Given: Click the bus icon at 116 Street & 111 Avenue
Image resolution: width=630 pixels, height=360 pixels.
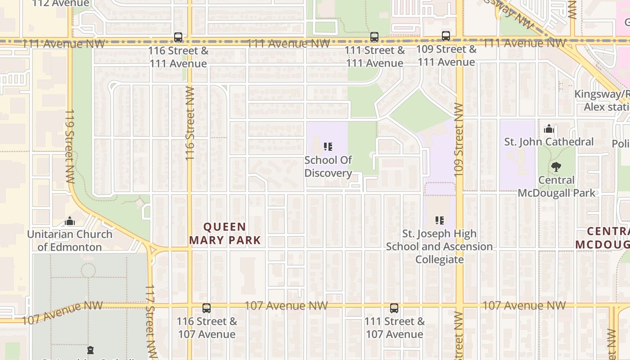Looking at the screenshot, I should (x=178, y=37).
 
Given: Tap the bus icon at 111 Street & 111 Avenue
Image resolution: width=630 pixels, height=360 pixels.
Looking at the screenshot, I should (x=374, y=37).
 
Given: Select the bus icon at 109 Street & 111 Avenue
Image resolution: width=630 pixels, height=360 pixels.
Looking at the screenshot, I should (x=446, y=36).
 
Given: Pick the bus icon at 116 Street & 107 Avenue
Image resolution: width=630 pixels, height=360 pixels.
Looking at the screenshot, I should (x=207, y=308).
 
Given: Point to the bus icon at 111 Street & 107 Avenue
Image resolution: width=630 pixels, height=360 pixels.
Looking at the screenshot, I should (x=394, y=308).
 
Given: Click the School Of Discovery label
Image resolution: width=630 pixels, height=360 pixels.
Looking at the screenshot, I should (x=328, y=166).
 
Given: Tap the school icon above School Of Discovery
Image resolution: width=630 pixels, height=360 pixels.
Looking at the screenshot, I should (x=328, y=147).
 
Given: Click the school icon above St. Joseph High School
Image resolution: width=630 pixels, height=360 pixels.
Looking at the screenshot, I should (x=440, y=220).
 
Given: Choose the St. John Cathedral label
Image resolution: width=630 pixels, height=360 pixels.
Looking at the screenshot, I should (x=549, y=142).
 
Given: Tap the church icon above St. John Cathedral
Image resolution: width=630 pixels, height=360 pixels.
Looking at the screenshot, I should (x=549, y=129).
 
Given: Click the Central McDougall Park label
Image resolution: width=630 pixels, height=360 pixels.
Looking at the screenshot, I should (x=557, y=186).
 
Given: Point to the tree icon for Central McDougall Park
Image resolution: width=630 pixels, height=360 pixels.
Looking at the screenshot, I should (x=556, y=167).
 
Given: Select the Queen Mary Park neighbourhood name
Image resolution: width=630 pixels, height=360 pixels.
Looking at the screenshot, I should (x=225, y=233).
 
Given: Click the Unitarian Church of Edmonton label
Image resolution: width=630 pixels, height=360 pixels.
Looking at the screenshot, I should (x=70, y=240).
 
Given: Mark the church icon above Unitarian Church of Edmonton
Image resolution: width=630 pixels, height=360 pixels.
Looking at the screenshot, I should (x=70, y=221).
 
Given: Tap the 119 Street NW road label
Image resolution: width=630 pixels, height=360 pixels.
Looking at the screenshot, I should (x=70, y=146).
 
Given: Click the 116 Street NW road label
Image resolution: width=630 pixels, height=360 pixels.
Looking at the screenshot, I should (x=189, y=124).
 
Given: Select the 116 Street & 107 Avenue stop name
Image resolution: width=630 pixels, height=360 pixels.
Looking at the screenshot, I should (x=207, y=328).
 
